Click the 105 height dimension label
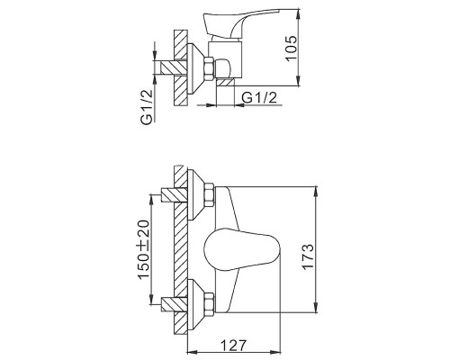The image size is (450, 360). [x=291, y=49]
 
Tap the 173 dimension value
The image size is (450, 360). [x=308, y=256]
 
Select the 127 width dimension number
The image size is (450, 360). [x=234, y=346]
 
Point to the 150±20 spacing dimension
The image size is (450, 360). [x=143, y=249]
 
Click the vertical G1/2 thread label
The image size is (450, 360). [x=147, y=107]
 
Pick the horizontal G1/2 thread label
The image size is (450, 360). [x=259, y=97]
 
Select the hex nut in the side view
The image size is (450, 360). [x=209, y=68]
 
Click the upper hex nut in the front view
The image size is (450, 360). [x=209, y=195]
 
